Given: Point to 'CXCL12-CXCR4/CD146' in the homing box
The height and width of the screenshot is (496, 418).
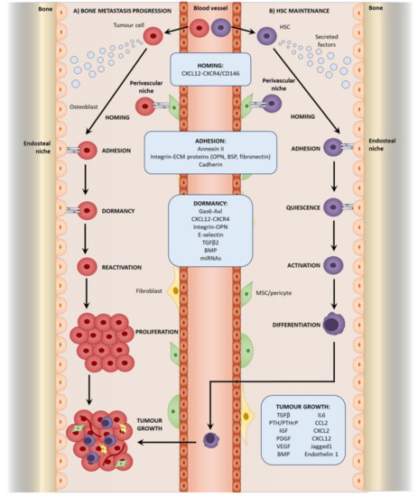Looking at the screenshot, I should (209, 72).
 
